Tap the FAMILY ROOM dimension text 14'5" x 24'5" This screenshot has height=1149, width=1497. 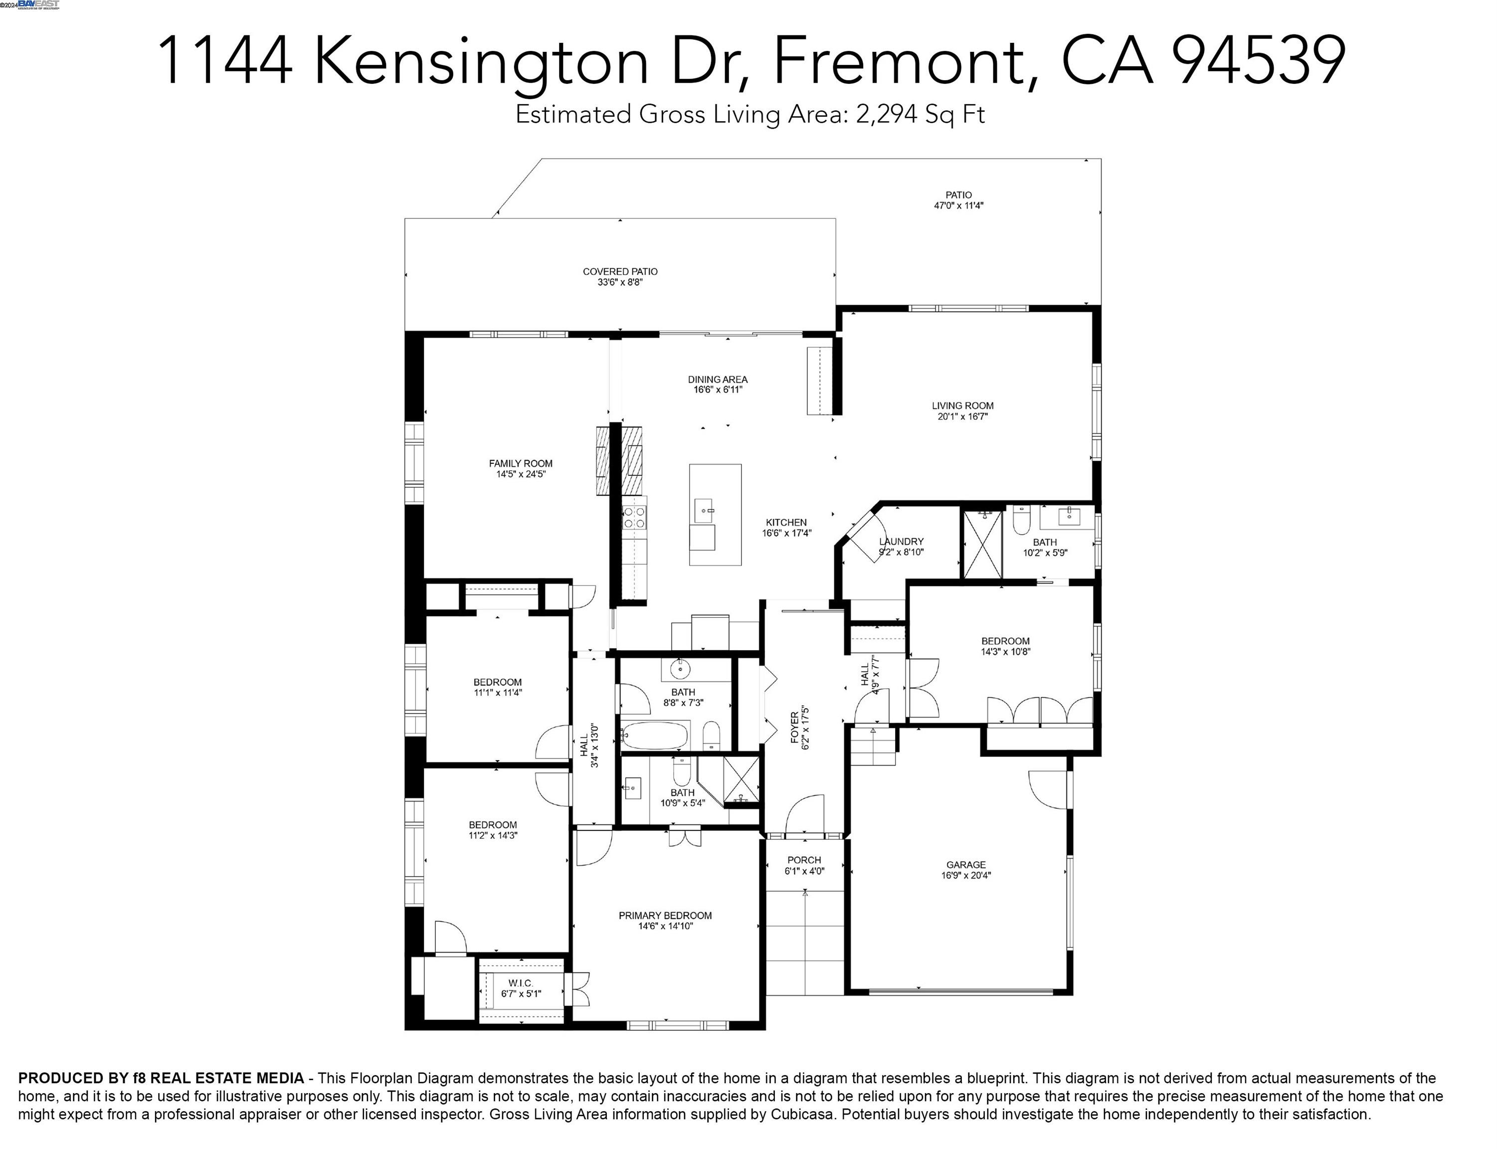click(521, 474)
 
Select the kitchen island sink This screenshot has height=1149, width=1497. click(705, 510)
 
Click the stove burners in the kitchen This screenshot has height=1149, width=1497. click(634, 517)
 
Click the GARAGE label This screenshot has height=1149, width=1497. click(965, 864)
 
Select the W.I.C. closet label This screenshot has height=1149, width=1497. click(521, 983)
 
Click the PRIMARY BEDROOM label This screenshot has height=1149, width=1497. click(665, 915)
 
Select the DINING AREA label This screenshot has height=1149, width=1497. click(718, 379)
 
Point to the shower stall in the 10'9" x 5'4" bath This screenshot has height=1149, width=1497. click(742, 779)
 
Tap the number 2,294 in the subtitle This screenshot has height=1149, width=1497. click(886, 114)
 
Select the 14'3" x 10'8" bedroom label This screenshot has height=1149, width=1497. click(1005, 641)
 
